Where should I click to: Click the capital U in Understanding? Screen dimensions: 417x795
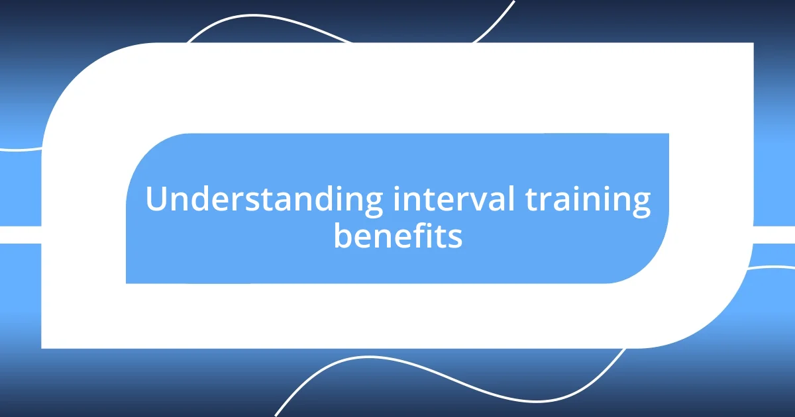click(x=156, y=200)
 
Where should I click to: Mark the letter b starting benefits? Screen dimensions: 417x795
click(x=343, y=234)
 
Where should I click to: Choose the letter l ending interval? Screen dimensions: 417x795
click(x=511, y=200)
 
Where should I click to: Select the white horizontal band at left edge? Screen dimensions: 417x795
click(x=20, y=234)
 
